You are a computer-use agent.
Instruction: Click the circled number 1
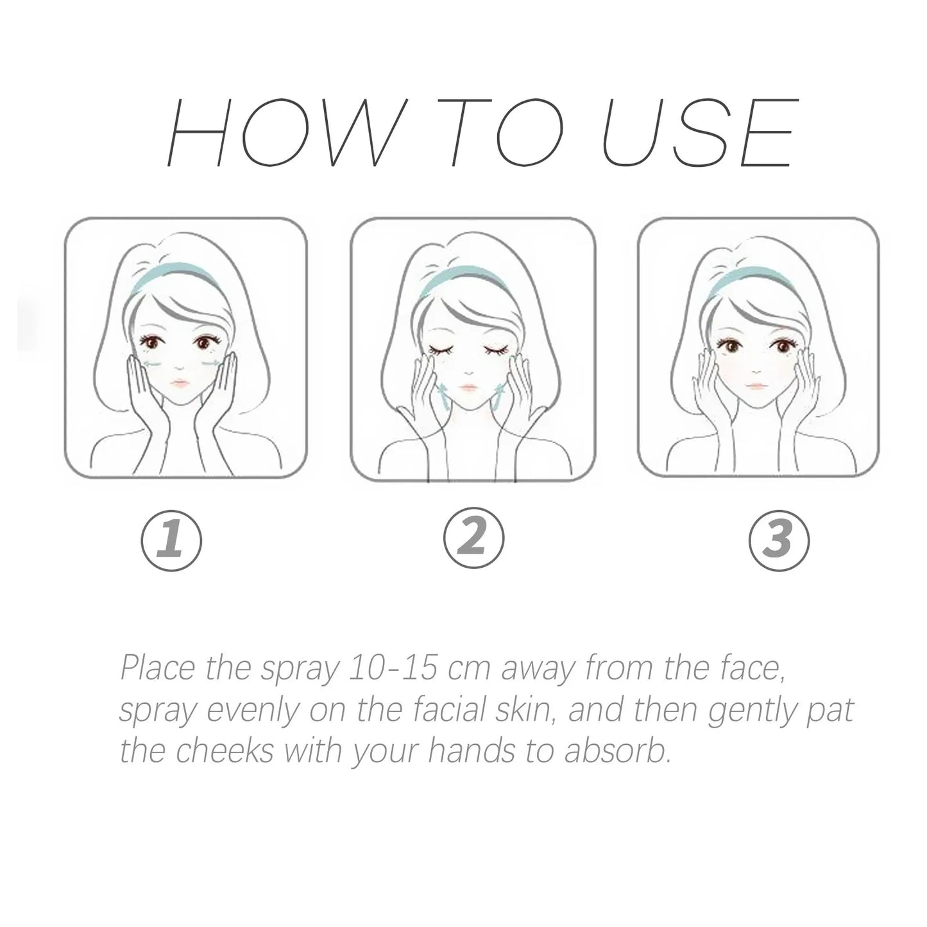(171, 540)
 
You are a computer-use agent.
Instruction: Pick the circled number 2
(473, 537)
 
